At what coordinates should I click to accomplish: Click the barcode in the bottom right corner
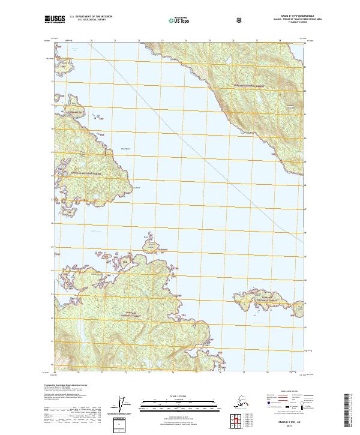pos(348,410)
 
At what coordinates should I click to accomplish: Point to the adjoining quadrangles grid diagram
pos(235,423)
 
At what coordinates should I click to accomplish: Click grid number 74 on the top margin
pos(186,41)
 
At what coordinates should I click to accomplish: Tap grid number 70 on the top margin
pos(91,41)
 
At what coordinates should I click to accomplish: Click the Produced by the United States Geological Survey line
pos(66,384)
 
